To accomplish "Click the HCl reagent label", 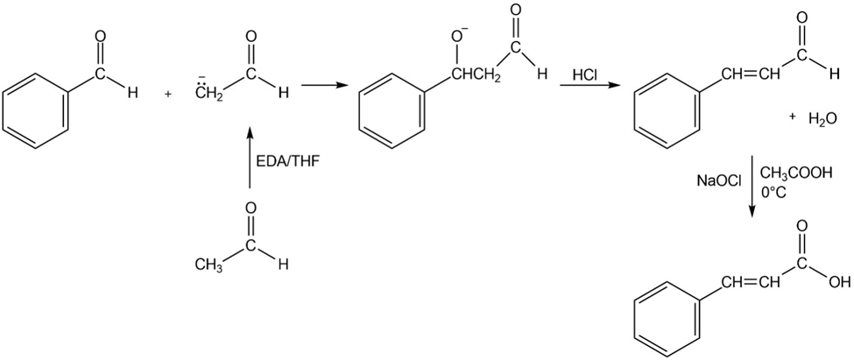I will tap(585, 75).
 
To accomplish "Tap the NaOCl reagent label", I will tap(719, 180).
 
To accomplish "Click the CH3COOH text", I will tap(796, 173).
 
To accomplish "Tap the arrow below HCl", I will tap(586, 87).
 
